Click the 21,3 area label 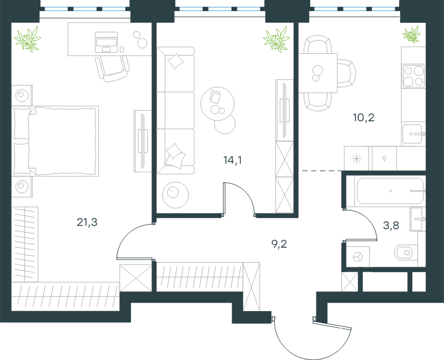(x=87, y=222)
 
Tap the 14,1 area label (x=233, y=161)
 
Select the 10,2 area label (x=364, y=117)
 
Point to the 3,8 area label (x=391, y=226)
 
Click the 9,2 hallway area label (x=279, y=244)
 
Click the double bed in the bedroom (x=55, y=141)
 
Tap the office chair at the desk (x=113, y=68)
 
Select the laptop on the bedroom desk (x=106, y=42)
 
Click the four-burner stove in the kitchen (x=413, y=76)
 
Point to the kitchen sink (x=413, y=134)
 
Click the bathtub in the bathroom (x=390, y=191)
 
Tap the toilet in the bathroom (x=406, y=252)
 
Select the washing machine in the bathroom (x=358, y=257)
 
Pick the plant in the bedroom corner (x=28, y=39)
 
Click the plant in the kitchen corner (x=412, y=34)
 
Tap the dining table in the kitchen (x=317, y=73)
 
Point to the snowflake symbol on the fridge (x=356, y=158)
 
